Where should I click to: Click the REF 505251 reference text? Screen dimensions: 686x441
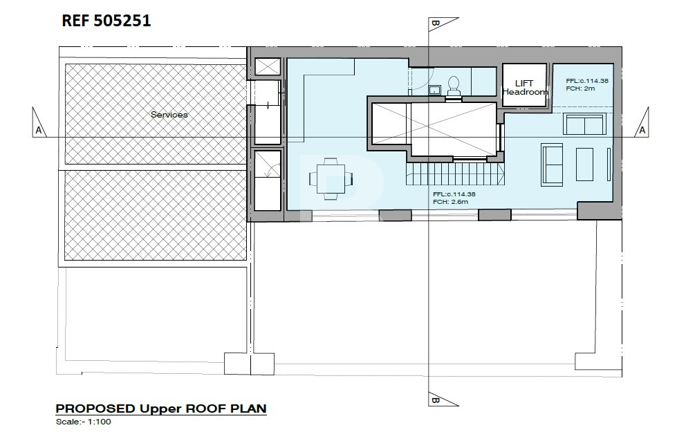pyautogui.click(x=106, y=21)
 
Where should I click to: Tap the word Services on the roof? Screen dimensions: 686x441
pyautogui.click(x=169, y=115)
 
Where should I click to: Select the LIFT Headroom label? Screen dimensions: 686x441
pyautogui.click(x=525, y=88)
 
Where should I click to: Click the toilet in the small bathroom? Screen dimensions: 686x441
pyautogui.click(x=454, y=86)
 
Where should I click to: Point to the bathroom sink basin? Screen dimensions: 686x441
pyautogui.click(x=434, y=90)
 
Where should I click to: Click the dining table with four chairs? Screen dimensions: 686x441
pyautogui.click(x=331, y=178)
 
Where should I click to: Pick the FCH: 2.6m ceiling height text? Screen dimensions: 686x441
pyautogui.click(x=451, y=202)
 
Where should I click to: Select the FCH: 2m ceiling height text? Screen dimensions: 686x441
pyautogui.click(x=581, y=88)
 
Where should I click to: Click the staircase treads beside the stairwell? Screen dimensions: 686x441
pyautogui.click(x=456, y=173)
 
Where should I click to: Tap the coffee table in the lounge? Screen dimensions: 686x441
pyautogui.click(x=584, y=165)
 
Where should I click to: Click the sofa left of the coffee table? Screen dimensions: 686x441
pyautogui.click(x=552, y=165)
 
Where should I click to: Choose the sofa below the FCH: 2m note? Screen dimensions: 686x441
pyautogui.click(x=584, y=124)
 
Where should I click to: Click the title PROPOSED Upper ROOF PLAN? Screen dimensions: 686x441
pyautogui.click(x=161, y=409)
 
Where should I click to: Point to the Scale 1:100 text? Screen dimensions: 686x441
pyautogui.click(x=84, y=422)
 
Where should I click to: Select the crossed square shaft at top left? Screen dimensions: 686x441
pyautogui.click(x=268, y=67)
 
